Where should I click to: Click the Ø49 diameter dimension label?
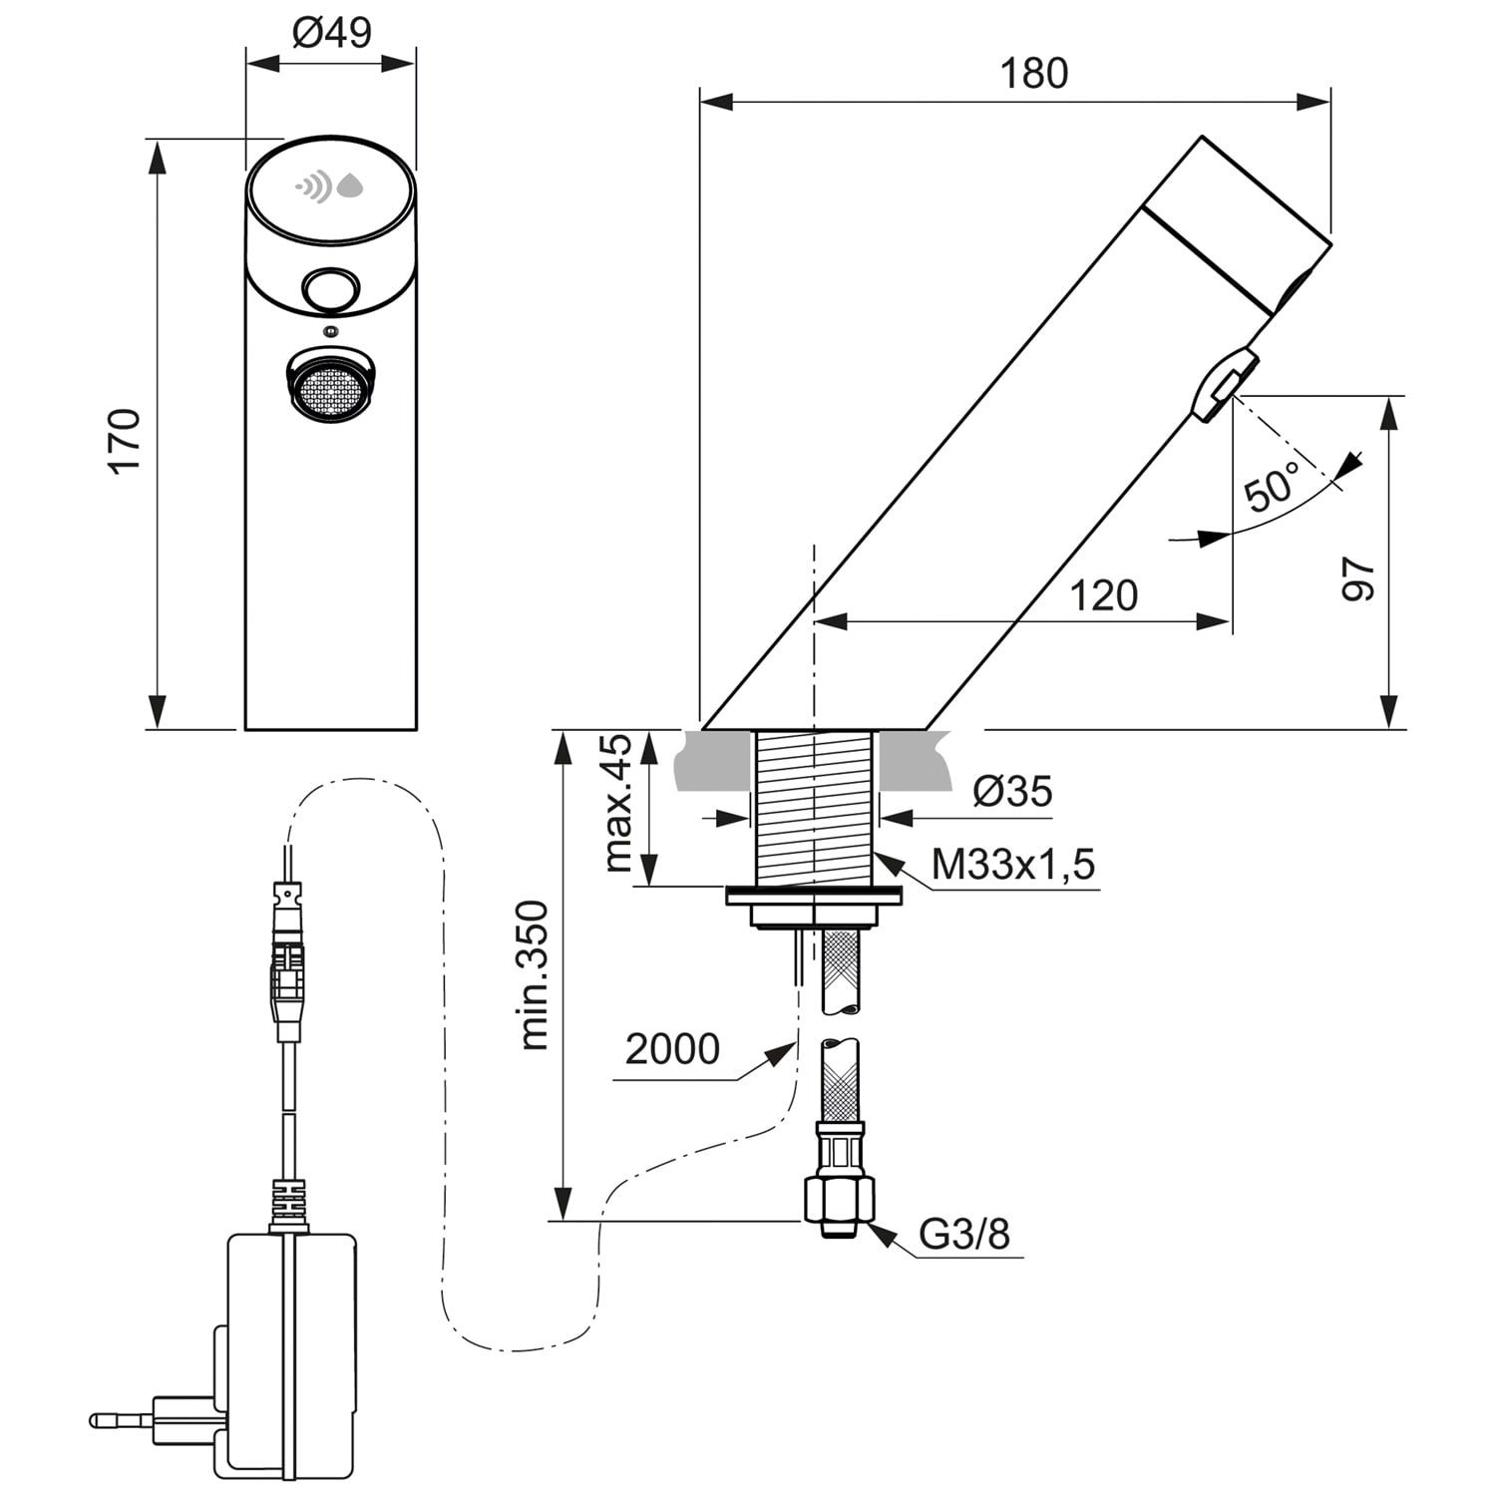click(x=331, y=33)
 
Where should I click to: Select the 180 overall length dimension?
click(x=1033, y=74)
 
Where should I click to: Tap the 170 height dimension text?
click(x=127, y=440)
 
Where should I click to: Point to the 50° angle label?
click(x=1273, y=486)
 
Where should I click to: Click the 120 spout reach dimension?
click(x=1104, y=595)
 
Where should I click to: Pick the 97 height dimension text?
click(x=1358, y=579)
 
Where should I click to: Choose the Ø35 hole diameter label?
click(x=1012, y=792)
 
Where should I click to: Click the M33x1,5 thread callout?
click(x=1012, y=864)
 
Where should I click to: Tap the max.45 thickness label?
click(x=618, y=804)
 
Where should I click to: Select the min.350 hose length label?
click(x=536, y=974)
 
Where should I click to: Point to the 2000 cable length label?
click(x=672, y=1049)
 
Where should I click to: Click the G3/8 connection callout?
click(x=963, y=1235)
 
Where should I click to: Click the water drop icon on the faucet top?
click(x=350, y=186)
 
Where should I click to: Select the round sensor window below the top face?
click(x=330, y=289)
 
